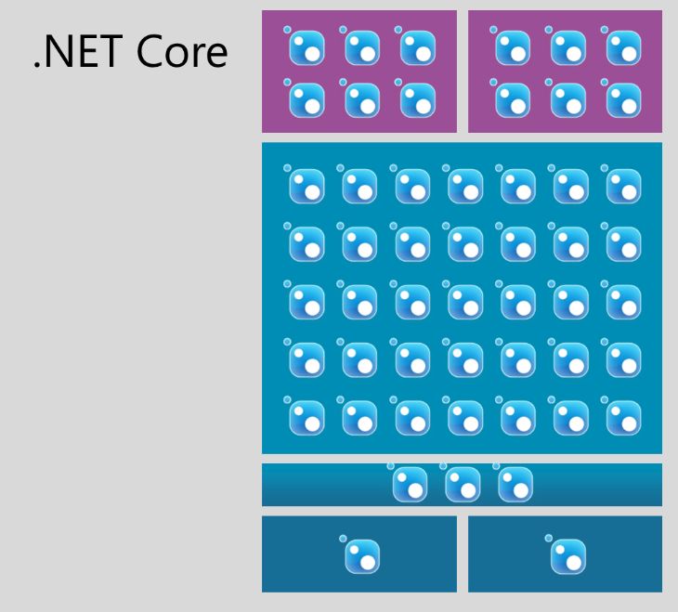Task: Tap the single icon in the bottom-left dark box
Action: pyautogui.click(x=361, y=555)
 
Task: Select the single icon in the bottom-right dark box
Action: pyautogui.click(x=567, y=555)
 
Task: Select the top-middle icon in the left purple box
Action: pyautogui.click(x=361, y=46)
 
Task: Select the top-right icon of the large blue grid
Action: pyautogui.click(x=623, y=187)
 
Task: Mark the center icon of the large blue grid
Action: pyautogui.click(x=464, y=302)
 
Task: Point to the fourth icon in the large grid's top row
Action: pyautogui.click(x=464, y=187)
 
